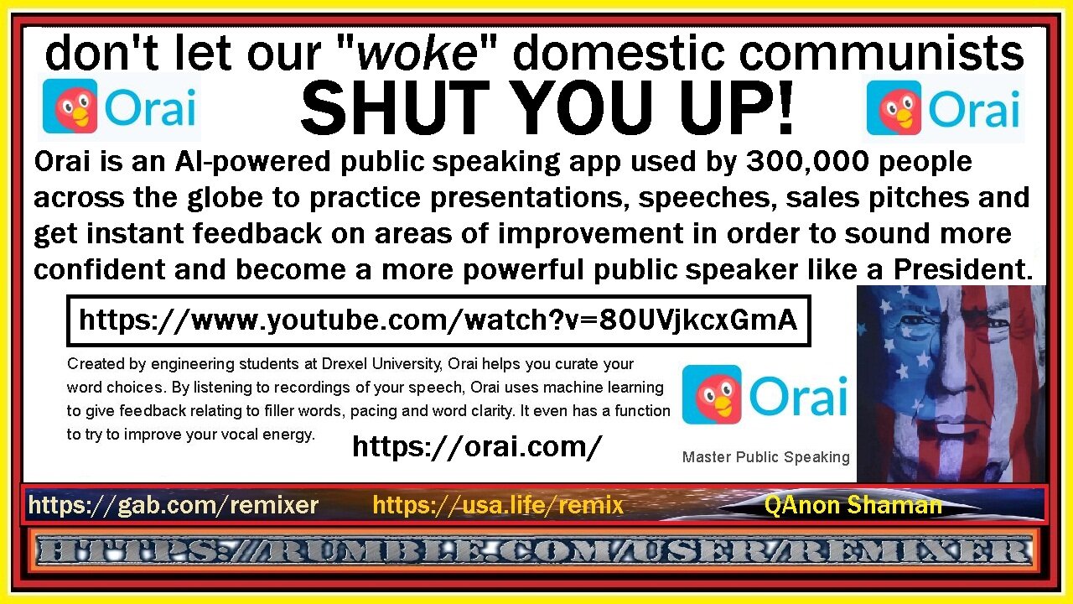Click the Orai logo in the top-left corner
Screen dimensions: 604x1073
pos(119,107)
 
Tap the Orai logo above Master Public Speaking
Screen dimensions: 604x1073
pos(765,394)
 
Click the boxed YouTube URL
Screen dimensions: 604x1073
pos(438,320)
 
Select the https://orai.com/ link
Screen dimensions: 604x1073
pos(477,447)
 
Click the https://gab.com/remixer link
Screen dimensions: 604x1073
pos(173,505)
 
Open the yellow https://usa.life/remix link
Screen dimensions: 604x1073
pos(498,505)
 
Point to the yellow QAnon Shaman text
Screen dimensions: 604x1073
pos(853,505)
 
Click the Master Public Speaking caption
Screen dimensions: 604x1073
pos(765,457)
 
